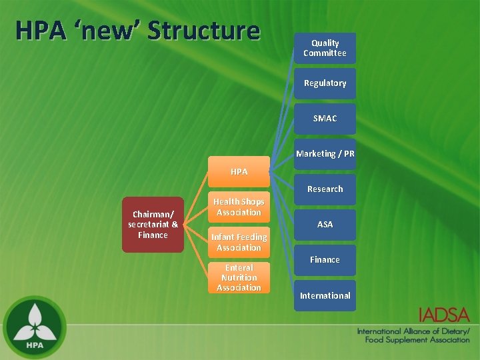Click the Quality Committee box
[325, 48]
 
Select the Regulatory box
[325, 83]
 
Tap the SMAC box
[325, 119]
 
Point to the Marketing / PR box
[325, 154]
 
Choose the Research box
[325, 189]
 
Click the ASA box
[325, 225]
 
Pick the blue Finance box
[325, 260]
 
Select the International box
[325, 295]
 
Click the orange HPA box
[239, 172]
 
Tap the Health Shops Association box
[239, 207]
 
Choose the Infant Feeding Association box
[239, 242]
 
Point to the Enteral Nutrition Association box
[239, 277]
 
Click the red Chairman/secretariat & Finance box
[153, 224]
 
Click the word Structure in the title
[203, 31]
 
